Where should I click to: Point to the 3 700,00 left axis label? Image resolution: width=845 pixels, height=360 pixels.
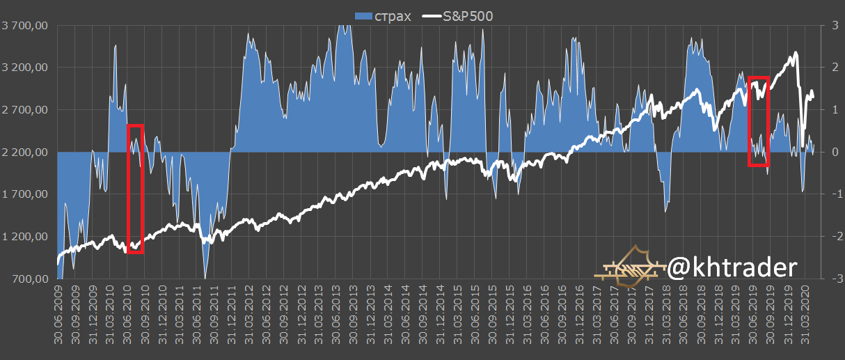coord(25,26)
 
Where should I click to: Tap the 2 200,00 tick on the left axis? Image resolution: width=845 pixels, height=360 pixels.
coord(25,152)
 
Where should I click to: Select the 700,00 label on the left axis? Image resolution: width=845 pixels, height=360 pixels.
coord(31,279)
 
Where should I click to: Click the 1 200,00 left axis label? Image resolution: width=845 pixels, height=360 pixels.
coord(25,237)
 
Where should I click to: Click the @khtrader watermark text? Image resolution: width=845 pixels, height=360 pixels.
coord(732,267)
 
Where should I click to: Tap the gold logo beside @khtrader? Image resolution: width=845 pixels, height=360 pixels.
coord(630,266)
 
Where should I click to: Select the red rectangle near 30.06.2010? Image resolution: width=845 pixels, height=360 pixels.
coord(135,189)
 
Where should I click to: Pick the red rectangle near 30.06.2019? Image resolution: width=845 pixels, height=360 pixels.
coord(759,122)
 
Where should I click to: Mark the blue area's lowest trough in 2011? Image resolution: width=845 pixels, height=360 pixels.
coord(205,276)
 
